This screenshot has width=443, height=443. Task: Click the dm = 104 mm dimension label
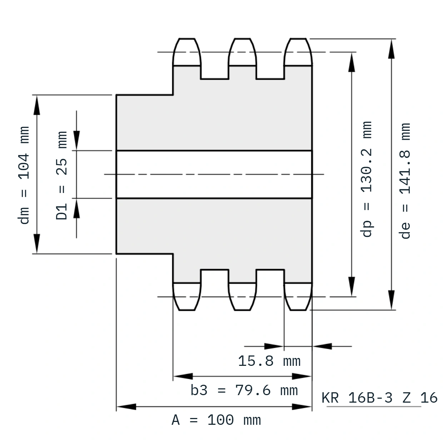[24, 175]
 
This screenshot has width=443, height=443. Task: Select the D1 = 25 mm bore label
[61, 175]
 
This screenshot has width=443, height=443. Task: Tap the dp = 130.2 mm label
[366, 179]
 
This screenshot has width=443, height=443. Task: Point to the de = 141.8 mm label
[405, 181]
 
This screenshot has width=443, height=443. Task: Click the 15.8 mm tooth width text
[269, 361]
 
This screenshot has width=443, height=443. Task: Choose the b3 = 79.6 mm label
[244, 390]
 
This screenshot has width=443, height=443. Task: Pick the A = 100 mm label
[216, 420]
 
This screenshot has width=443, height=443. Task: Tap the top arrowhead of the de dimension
[391, 49]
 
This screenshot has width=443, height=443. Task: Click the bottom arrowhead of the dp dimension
[352, 287]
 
